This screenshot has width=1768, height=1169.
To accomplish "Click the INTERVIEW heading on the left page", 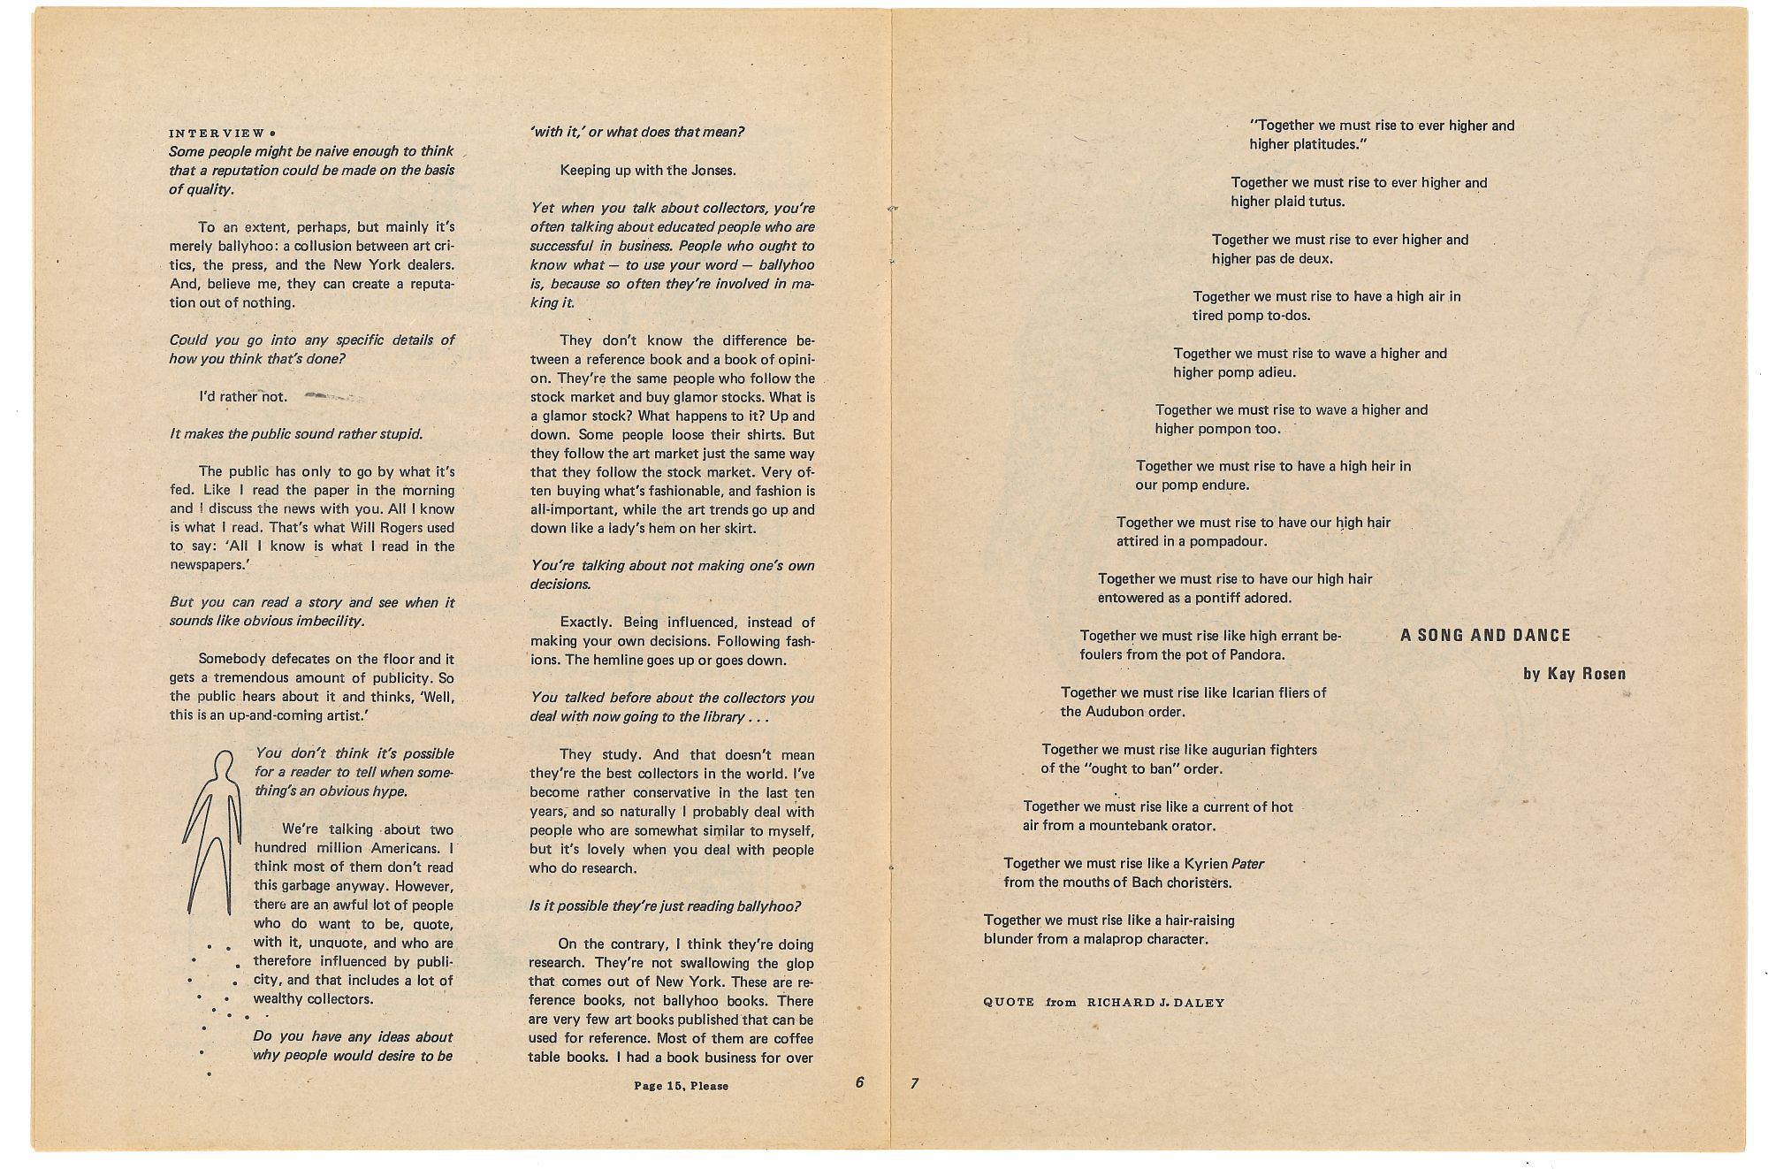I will point(217,134).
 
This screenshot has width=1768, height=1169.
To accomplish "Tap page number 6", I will point(859,1081).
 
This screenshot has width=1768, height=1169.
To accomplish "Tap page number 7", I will point(915,1083).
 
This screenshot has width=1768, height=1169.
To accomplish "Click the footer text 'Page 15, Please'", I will point(681,1086).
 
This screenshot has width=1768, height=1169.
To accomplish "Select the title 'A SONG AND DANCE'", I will point(1485,635).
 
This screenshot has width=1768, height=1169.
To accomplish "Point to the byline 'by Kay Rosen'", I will point(1574,674).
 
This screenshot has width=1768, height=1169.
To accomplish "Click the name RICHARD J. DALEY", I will point(1155,1003).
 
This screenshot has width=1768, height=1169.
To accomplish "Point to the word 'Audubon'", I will point(1116,711).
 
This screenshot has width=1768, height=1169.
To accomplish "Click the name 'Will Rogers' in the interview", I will point(388,527).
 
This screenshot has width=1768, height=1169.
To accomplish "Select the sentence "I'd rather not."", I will point(243,396).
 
